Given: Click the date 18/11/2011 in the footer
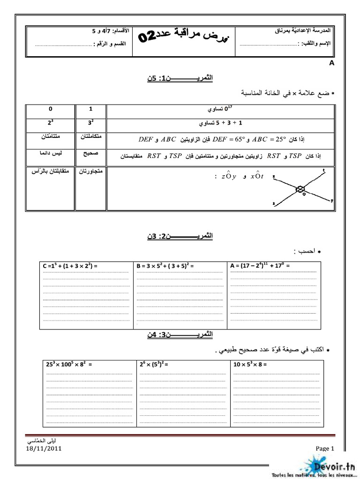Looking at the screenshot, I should click(x=44, y=448).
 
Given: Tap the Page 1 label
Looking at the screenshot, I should click(x=324, y=449).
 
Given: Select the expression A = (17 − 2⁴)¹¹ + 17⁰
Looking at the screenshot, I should click(x=259, y=266).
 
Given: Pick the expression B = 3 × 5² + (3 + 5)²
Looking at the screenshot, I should click(x=165, y=266).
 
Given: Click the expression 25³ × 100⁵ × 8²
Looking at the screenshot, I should click(x=69, y=363).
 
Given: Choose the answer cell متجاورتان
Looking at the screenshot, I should click(x=91, y=172).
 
